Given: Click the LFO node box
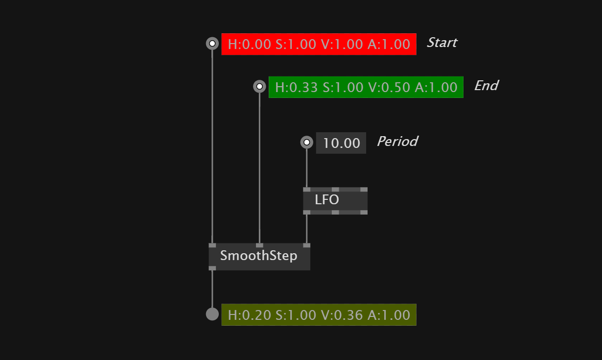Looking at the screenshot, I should click(x=335, y=200).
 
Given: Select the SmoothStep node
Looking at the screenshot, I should click(x=259, y=256).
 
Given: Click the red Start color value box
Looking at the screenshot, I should click(x=319, y=44).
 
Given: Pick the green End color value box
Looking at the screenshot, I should click(x=366, y=87).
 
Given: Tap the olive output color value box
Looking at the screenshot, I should click(x=319, y=314).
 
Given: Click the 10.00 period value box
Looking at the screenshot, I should click(x=341, y=143).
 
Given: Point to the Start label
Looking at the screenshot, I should click(x=441, y=43).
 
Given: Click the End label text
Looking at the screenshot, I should click(x=486, y=86).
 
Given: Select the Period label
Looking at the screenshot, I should click(x=397, y=142).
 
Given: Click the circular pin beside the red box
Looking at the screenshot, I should click(x=212, y=44).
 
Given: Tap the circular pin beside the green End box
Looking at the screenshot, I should click(x=259, y=87).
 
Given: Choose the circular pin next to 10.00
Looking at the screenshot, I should click(x=306, y=143).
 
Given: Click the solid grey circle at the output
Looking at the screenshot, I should click(x=212, y=314).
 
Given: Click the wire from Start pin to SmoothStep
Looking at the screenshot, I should click(x=212, y=147).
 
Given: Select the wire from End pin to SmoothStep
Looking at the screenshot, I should click(x=259, y=167).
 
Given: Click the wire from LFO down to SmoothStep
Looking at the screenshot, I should click(x=307, y=228).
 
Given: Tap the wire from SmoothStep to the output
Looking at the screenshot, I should click(x=212, y=289).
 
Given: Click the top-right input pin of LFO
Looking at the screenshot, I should click(x=364, y=189).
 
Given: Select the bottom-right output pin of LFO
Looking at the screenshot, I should click(x=364, y=212).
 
